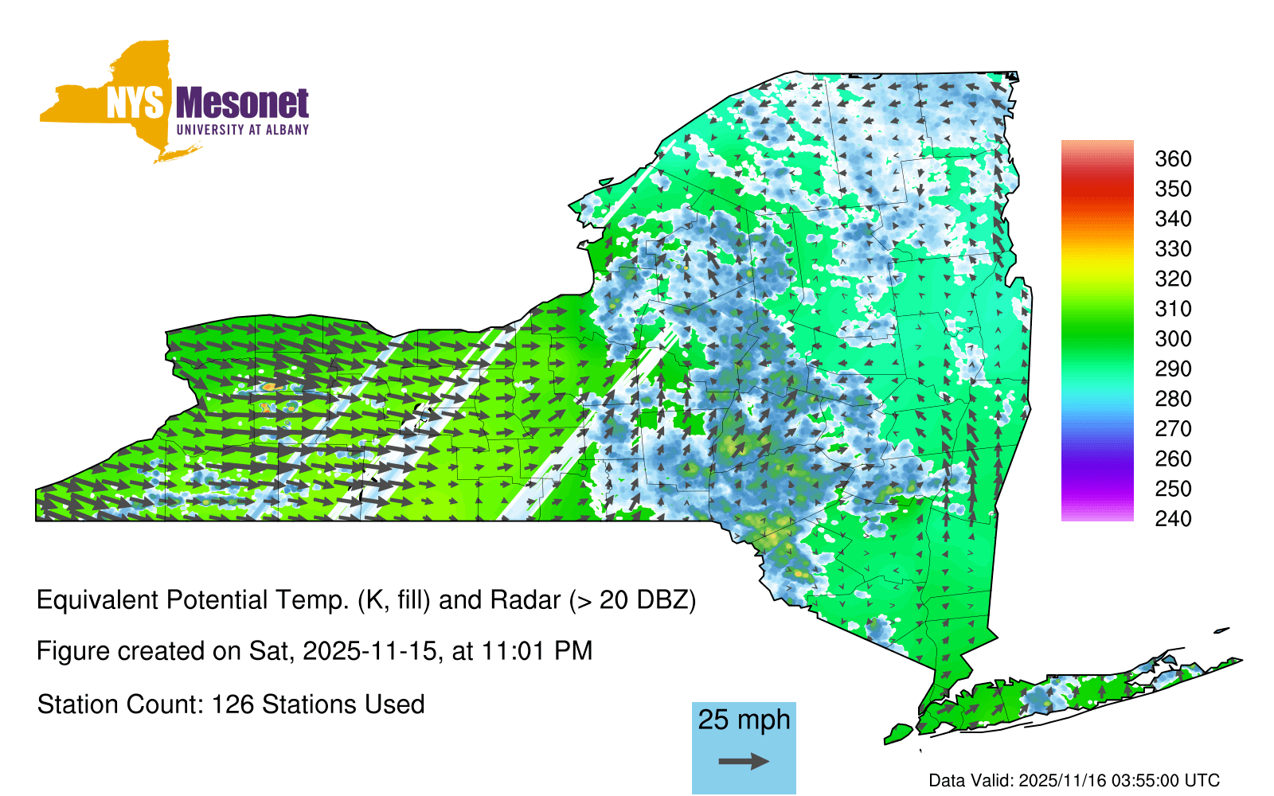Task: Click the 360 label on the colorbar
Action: click(1173, 158)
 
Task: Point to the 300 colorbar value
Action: click(1173, 339)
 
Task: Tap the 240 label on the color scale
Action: click(1173, 518)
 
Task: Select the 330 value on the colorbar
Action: click(1173, 248)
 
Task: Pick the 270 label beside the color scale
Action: click(1173, 429)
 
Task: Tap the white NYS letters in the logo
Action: click(135, 103)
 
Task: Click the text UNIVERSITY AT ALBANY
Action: click(242, 130)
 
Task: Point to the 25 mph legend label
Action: click(744, 720)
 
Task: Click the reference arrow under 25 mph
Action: click(744, 761)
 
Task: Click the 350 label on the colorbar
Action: click(1173, 189)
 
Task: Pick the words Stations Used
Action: click(343, 704)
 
